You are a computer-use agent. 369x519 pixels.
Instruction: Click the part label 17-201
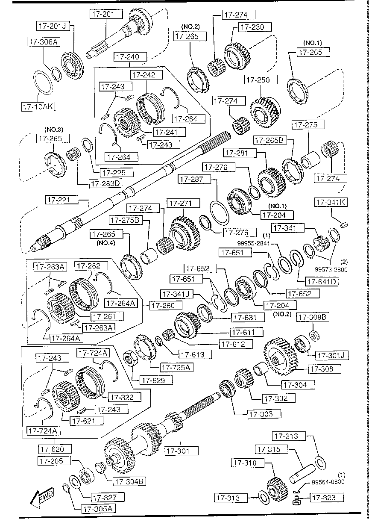tap(102, 14)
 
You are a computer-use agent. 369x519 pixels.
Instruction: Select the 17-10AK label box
tap(38, 106)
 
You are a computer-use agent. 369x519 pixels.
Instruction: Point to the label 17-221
tap(61, 199)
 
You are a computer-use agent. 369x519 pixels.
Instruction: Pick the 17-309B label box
tap(313, 317)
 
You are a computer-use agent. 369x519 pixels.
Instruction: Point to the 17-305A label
tap(98, 509)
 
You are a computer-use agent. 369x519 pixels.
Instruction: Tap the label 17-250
tap(261, 80)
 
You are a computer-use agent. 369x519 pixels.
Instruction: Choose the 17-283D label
tap(105, 183)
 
